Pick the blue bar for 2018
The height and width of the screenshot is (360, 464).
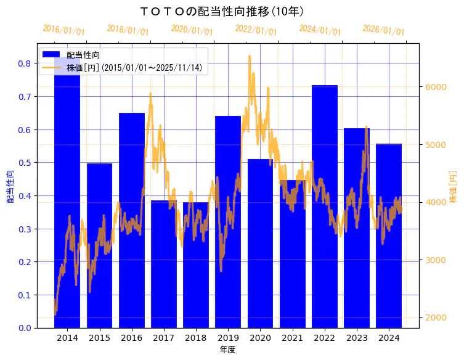coord(196,265)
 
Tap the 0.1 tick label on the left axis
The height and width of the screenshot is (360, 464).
coord(25,295)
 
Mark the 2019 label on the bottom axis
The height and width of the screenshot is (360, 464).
coord(228,338)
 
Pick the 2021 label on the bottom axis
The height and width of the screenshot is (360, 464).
coord(292,338)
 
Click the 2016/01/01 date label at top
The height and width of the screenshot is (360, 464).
coord(64,30)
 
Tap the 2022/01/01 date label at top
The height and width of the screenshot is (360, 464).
coord(256,30)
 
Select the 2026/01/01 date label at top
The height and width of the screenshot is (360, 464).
coord(384,30)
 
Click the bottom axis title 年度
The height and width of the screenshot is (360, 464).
coord(228,350)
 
